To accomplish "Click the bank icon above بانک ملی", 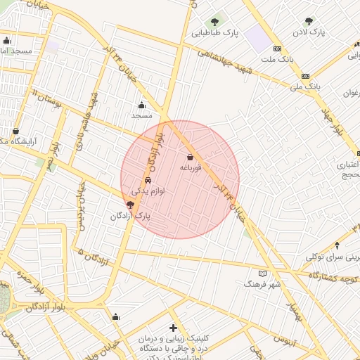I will (305, 76).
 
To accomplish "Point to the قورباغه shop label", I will (191, 168).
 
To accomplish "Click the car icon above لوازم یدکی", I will (147, 179).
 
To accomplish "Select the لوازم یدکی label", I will (148, 190).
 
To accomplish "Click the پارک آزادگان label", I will (131, 215).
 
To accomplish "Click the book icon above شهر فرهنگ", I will (263, 273).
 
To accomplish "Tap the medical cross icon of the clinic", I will (173, 328).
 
